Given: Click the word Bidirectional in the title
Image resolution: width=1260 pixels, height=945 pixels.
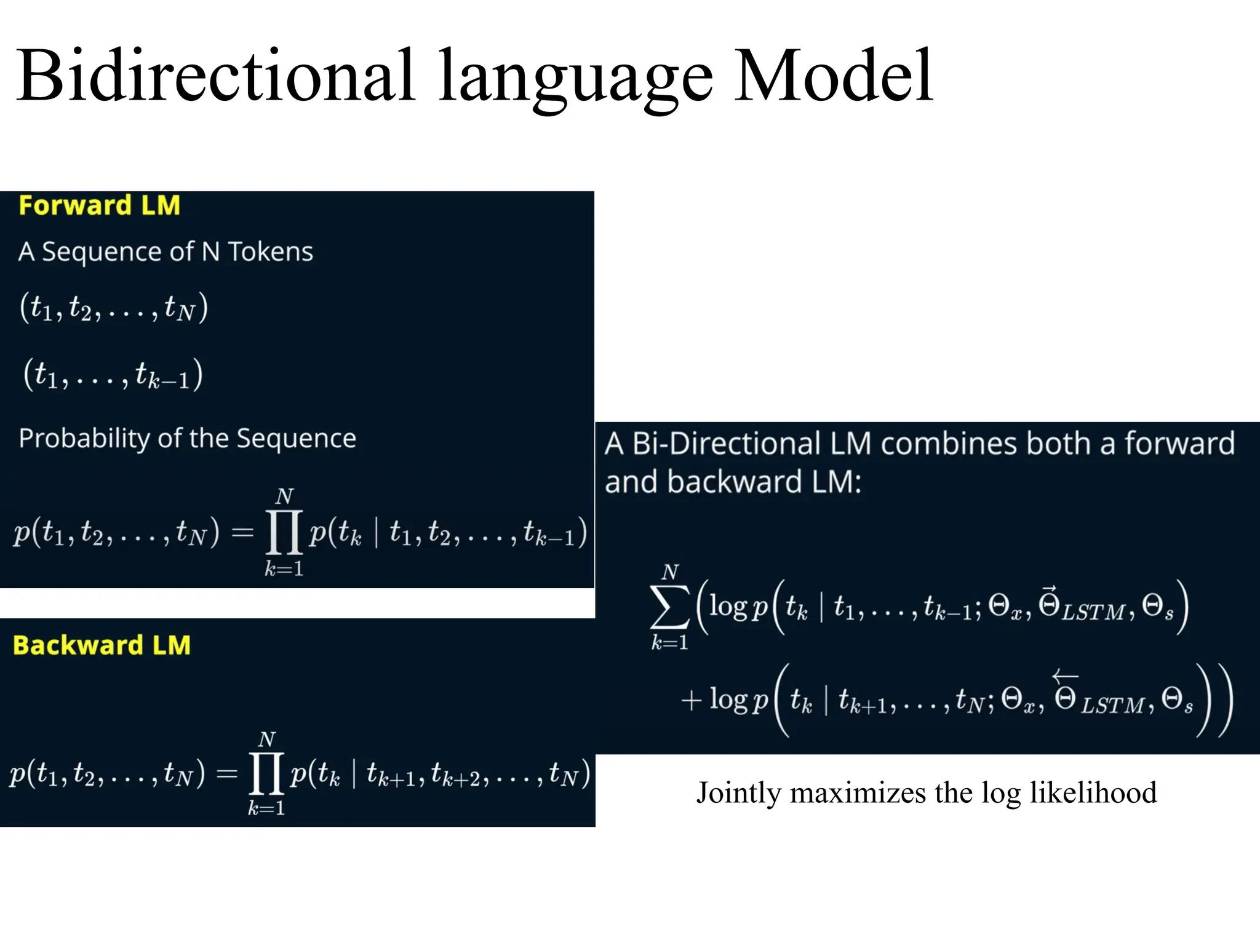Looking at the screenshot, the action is [x=215, y=77].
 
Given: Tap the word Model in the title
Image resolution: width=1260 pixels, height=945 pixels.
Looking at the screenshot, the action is [x=834, y=77].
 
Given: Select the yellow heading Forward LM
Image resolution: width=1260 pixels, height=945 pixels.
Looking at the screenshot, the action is [x=99, y=205].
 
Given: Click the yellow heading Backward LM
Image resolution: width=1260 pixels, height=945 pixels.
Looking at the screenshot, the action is [x=102, y=645].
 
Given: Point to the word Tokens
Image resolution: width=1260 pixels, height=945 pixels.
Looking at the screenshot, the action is [x=271, y=252].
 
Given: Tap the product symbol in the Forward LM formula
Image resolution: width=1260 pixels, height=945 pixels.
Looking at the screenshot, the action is [x=284, y=532].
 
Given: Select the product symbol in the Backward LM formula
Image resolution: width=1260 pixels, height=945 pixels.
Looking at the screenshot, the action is [x=266, y=773].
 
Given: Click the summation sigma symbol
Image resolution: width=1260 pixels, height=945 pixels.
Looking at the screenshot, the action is [x=669, y=607].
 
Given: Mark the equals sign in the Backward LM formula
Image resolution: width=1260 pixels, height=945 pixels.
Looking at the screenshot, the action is [x=226, y=773].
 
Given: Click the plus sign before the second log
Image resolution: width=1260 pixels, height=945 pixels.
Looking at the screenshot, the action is [x=692, y=700].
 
